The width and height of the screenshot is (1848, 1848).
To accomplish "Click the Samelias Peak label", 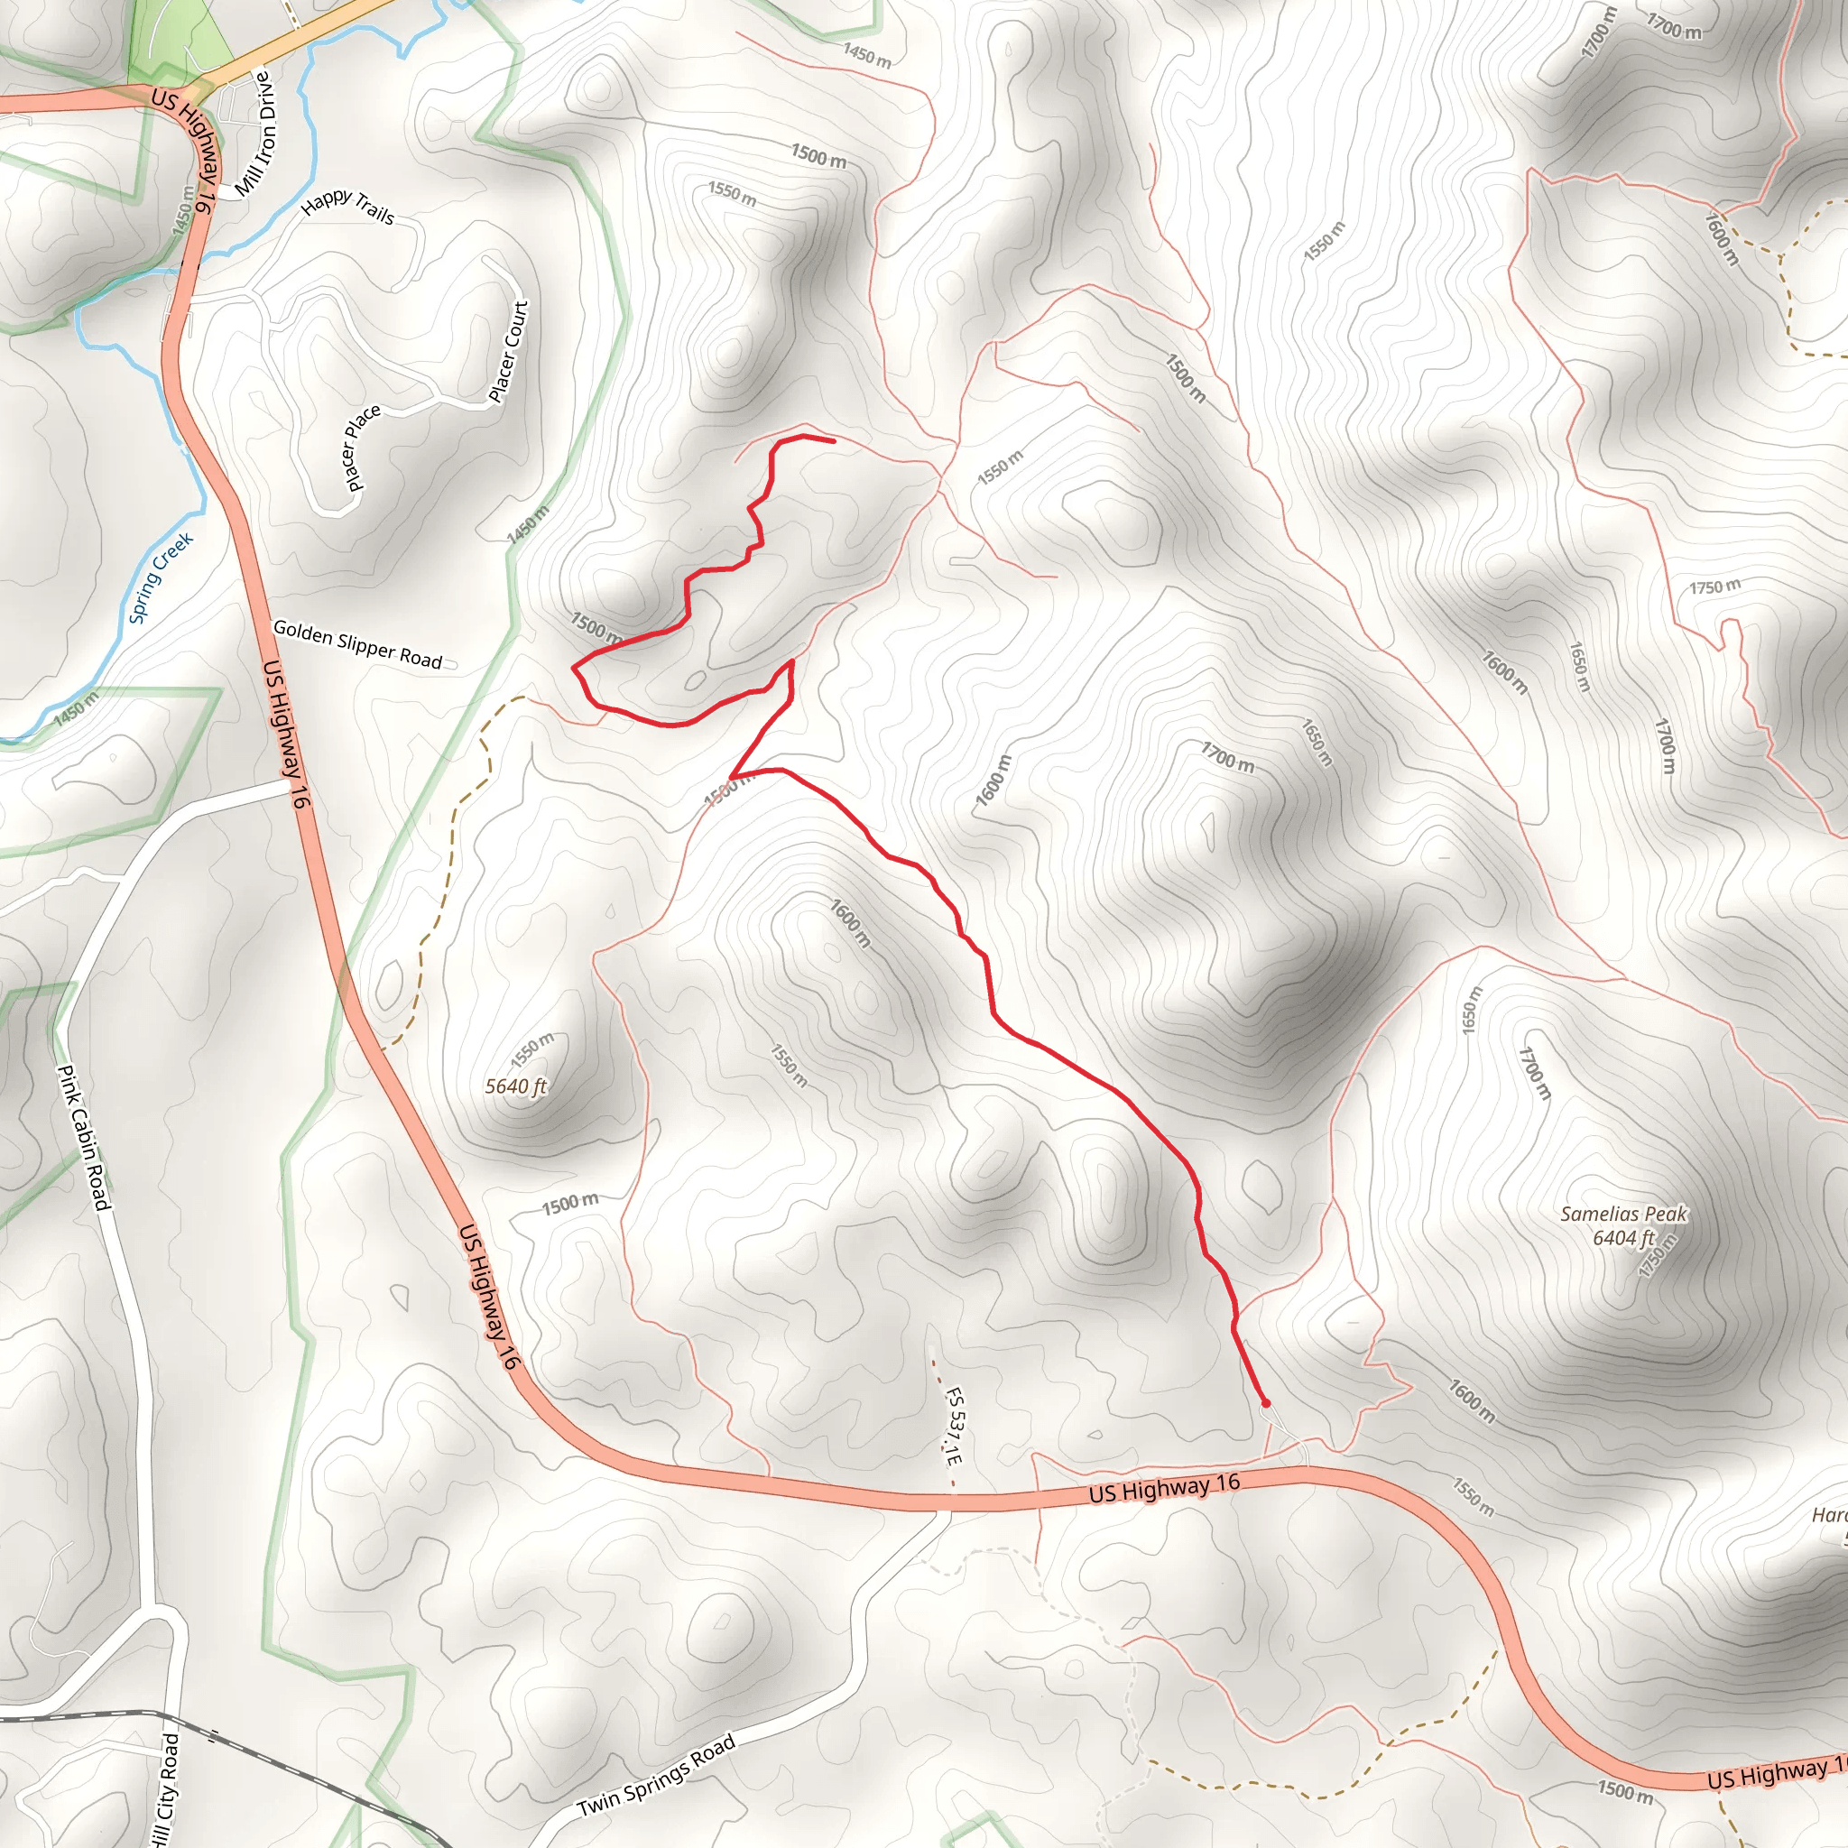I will (1623, 1214).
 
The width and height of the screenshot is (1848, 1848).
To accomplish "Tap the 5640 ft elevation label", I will (515, 1086).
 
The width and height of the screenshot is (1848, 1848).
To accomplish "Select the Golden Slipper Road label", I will (357, 643).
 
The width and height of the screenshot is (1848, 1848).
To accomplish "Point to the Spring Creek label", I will (161, 577).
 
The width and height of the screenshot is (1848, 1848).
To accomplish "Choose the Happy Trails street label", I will (347, 205).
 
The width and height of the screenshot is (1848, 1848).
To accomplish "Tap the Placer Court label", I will (508, 351).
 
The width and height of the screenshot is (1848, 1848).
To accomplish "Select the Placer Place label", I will (363, 447).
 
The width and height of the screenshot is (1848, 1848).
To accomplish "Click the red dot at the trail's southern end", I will (1265, 1403).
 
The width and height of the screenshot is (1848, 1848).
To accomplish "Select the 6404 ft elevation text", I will (1623, 1238).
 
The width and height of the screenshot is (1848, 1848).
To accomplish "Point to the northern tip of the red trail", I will (833, 440).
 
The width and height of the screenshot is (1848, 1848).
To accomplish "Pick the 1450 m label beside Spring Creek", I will (76, 707).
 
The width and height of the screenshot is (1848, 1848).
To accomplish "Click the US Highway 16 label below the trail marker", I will (1164, 1487).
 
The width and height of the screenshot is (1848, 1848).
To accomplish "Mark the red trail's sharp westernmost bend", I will (574, 668).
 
